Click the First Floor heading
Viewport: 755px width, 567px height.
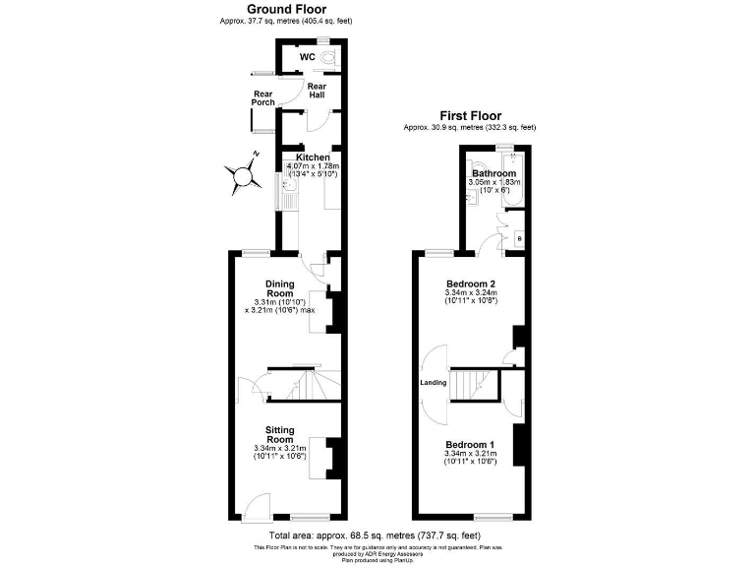coord(469,115)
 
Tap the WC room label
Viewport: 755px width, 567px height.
coord(306,58)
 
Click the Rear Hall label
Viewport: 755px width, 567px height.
coord(317,90)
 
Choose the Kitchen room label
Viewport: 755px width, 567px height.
coord(313,157)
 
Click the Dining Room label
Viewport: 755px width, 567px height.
coord(279,288)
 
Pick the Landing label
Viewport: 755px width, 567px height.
coord(434,382)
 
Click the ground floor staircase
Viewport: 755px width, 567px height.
coord(301,383)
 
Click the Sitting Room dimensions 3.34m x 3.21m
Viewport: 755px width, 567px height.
coord(279,448)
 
